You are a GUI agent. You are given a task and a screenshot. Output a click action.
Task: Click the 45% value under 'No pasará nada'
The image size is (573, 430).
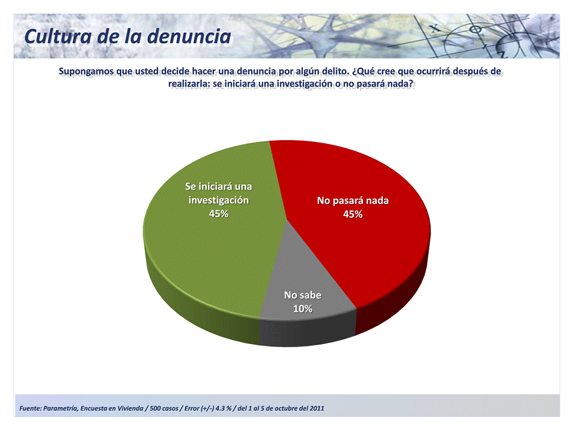[352, 214]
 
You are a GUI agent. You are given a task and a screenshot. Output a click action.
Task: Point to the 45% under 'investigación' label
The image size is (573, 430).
[219, 214]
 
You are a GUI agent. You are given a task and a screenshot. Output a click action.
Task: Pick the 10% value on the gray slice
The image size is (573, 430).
[302, 308]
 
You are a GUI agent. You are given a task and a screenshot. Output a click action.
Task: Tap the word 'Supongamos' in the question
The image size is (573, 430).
[87, 72]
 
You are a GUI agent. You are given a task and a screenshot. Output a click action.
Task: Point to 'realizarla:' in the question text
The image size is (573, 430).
[189, 83]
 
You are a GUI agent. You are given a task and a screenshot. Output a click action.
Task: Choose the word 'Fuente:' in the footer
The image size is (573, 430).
[30, 409]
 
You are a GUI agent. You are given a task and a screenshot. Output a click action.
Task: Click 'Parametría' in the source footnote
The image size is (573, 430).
[60, 409]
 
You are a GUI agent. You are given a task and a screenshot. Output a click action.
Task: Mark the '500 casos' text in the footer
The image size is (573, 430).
[164, 409]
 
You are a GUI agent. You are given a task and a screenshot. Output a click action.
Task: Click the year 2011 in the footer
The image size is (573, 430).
[317, 409]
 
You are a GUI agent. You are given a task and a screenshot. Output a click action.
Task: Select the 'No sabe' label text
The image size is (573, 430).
[302, 295]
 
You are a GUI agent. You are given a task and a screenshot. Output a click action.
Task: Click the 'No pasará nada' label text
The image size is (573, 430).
[352, 200]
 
